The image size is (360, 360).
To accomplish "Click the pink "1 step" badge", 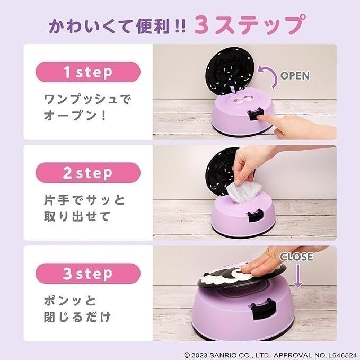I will pyautogui.click(x=88, y=73).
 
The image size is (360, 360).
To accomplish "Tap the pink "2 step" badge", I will pyautogui.click(x=88, y=173).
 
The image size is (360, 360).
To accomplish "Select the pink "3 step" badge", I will pyautogui.click(x=88, y=274).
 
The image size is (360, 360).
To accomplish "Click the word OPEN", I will pyautogui.click(x=294, y=76).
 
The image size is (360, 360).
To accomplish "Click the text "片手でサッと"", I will pyautogui.click(x=83, y=201).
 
